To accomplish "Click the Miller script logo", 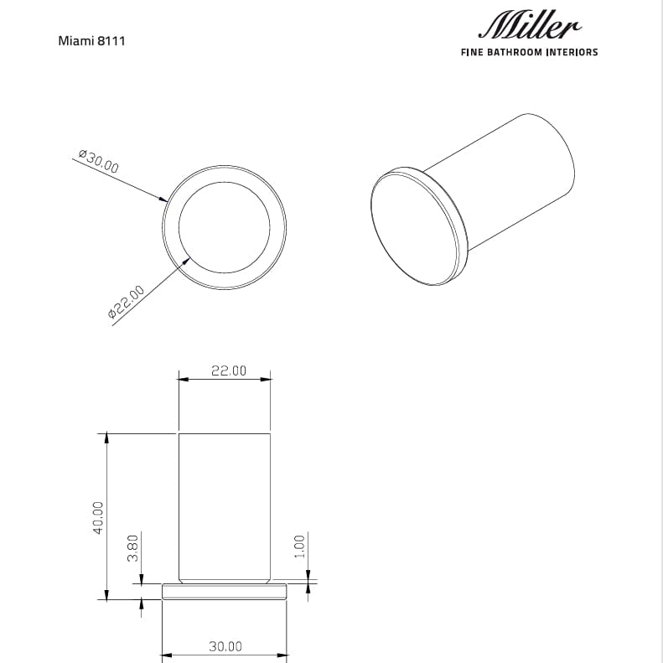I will click(x=529, y=27).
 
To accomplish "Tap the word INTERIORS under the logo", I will click(x=572, y=52).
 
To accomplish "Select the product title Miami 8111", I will click(x=91, y=40).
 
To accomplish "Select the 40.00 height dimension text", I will click(x=97, y=516).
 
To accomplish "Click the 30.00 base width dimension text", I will click(x=225, y=646).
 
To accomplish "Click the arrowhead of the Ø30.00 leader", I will click(x=163, y=199).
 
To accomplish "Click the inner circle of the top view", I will click(x=225, y=226).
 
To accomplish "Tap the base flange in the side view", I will click(x=225, y=592).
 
